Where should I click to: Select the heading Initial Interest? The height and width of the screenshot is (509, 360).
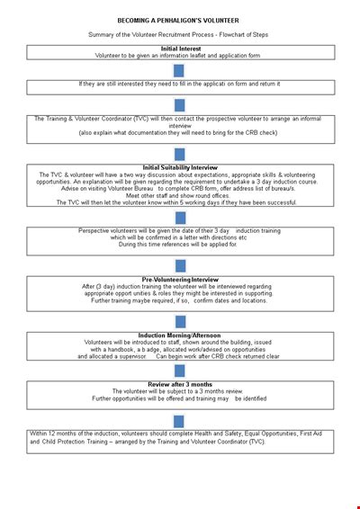point(181,48)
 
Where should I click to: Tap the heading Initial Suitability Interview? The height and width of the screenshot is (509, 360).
point(180,167)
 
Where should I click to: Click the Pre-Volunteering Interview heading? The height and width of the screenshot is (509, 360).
point(180,279)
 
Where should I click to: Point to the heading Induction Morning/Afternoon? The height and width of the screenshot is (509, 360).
point(180,335)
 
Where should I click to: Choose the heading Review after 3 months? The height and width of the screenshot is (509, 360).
point(180,383)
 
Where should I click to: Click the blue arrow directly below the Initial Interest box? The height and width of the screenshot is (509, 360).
point(180,70)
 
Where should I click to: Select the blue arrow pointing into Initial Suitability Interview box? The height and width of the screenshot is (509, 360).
point(180,154)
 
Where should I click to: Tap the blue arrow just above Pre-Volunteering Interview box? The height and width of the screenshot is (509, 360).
point(180,266)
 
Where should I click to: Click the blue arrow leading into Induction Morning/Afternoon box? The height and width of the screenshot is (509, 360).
point(180,322)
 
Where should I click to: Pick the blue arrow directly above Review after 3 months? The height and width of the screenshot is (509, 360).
point(180,371)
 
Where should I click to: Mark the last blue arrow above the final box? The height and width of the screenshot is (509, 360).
point(180,420)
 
